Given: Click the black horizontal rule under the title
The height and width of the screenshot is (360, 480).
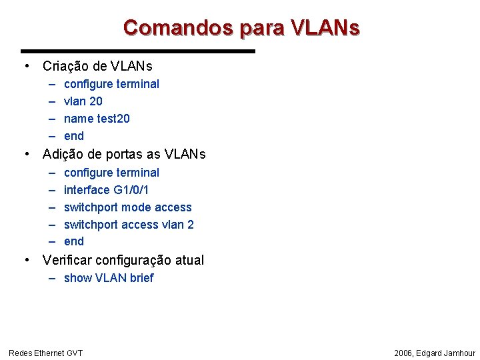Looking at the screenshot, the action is tap(138, 51).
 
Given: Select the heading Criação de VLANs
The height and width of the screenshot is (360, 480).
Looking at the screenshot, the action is tap(97, 66).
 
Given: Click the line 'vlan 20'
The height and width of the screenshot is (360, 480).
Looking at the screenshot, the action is tap(83, 101).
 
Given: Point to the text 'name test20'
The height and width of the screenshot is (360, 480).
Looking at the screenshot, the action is tap(97, 119).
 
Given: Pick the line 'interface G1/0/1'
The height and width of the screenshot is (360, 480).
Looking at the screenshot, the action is tap(106, 190).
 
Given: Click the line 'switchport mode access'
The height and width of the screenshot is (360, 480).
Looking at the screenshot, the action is tap(127, 207).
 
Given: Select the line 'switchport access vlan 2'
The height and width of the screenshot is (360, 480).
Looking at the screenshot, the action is tap(129, 225).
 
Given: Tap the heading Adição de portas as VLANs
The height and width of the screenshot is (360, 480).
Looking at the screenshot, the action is tap(124, 154).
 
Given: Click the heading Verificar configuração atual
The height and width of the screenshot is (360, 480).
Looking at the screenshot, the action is tap(123, 260).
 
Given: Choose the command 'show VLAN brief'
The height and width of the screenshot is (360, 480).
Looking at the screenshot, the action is tap(109, 278).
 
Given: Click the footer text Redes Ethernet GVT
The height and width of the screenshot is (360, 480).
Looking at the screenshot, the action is tap(45, 353).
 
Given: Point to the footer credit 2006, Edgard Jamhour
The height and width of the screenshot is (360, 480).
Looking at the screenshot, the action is tap(435, 353).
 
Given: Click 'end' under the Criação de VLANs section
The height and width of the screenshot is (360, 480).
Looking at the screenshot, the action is tap(74, 136).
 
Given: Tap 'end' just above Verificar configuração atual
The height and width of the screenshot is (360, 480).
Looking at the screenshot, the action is tap(74, 241).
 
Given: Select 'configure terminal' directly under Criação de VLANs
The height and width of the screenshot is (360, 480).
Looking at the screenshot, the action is tap(111, 84).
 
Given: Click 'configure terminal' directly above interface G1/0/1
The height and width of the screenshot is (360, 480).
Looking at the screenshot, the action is tap(111, 173).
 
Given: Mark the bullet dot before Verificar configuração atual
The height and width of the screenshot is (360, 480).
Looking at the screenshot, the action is tap(25, 260).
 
